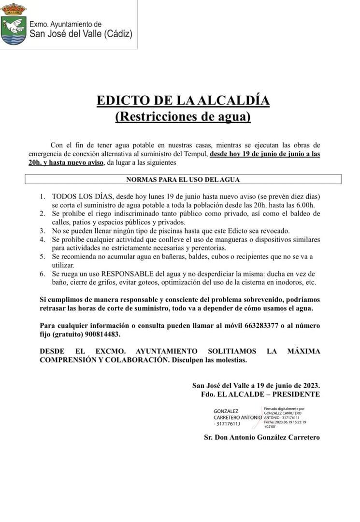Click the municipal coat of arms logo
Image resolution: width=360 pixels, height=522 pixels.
coord(14,24)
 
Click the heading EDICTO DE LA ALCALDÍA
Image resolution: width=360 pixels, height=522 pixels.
coord(183,101)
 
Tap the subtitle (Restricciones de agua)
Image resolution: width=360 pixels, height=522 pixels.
coord(183,116)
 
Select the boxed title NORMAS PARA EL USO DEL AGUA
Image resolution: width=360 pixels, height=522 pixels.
coord(183,179)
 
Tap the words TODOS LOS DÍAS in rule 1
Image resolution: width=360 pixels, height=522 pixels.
coord(82,197)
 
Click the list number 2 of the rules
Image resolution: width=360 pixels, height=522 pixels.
coord(43,213)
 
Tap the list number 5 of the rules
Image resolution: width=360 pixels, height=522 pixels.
coord(43,257)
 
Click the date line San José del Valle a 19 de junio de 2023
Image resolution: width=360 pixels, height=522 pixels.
coord(256,385)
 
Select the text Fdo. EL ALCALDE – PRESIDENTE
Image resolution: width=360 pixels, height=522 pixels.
coord(260,394)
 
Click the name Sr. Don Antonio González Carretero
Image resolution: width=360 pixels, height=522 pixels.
coord(261,437)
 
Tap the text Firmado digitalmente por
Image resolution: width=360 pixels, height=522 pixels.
coord(284,409)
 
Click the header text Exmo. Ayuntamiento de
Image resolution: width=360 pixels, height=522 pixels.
coord(66,24)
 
